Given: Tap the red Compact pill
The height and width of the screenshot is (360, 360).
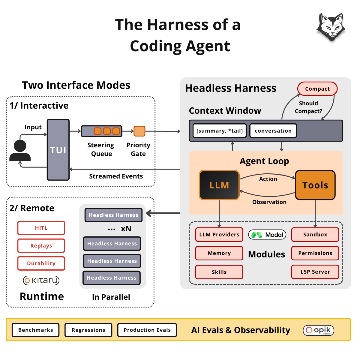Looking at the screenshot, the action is click(x=317, y=89).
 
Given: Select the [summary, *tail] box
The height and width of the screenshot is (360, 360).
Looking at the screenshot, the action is click(x=220, y=131).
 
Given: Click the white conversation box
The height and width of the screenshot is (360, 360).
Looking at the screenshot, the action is click(x=273, y=131).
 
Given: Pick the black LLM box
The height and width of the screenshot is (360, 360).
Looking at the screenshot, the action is click(x=219, y=185).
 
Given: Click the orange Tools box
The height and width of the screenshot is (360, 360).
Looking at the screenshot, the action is click(x=315, y=185).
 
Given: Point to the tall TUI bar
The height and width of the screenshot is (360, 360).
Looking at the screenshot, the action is click(x=58, y=150).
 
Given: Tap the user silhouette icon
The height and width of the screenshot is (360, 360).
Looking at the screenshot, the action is click(x=20, y=150).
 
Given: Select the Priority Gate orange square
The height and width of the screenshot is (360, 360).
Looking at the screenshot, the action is click(x=139, y=131).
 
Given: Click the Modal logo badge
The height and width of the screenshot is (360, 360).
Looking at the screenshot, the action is click(x=267, y=235).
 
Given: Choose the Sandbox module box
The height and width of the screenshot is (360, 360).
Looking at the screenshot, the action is click(x=315, y=235).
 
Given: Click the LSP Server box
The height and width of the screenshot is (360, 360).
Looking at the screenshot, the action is click(x=315, y=272).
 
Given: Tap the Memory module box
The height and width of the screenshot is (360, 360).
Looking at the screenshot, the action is click(x=219, y=253).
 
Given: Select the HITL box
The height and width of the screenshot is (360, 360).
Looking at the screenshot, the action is click(x=41, y=228).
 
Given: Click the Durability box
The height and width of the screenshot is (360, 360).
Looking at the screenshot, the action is click(x=41, y=263).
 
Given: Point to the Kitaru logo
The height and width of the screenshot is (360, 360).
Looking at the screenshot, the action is click(x=41, y=280).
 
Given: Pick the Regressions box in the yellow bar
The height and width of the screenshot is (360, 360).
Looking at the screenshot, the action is click(x=88, y=330).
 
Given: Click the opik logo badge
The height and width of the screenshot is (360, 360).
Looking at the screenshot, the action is click(x=318, y=330).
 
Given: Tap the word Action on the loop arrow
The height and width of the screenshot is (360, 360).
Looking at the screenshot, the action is click(x=268, y=179).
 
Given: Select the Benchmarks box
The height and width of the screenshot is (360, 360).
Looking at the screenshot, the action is click(x=35, y=330).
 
